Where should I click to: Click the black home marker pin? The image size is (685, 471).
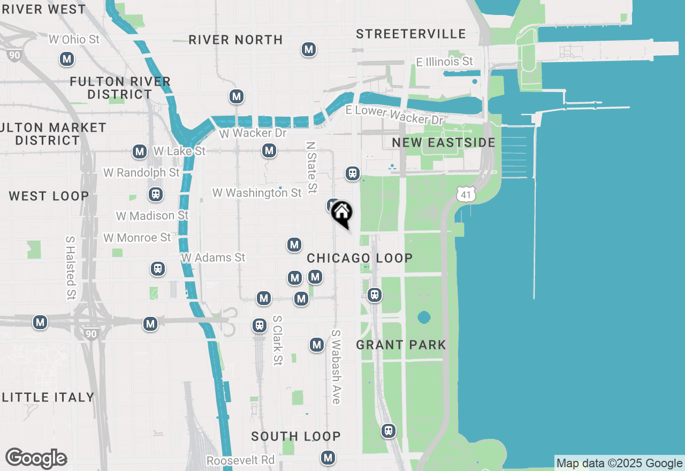[341, 212]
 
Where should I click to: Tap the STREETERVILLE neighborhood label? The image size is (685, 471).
[411, 34]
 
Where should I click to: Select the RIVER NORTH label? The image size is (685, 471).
[235, 40]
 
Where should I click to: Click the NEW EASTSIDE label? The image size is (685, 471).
[444, 142]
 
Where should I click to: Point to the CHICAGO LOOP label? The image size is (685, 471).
[360, 258]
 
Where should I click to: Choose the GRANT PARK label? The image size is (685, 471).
[401, 345]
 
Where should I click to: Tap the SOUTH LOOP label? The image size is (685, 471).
[296, 436]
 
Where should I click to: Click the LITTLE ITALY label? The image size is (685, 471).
[48, 397]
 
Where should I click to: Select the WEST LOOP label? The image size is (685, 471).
[49, 196]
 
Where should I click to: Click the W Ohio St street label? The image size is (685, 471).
[74, 39]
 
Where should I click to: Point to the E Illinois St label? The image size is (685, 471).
[445, 62]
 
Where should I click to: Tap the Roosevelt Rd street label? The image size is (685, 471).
[240, 460]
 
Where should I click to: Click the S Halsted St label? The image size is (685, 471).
[71, 268]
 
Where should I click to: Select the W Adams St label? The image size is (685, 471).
[213, 257]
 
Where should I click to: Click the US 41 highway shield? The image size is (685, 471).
[466, 194]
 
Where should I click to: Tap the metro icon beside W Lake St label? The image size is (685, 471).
[140, 151]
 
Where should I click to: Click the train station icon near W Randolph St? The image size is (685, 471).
[156, 194]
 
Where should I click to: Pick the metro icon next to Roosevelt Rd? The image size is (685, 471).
[328, 458]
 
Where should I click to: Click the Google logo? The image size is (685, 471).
[36, 459]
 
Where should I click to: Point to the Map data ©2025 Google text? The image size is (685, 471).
[619, 464]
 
